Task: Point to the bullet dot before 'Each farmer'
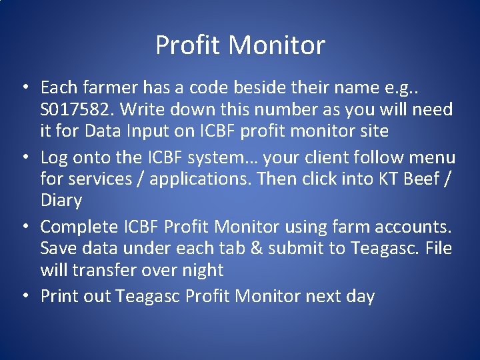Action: point(24,88)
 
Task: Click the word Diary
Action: point(61,201)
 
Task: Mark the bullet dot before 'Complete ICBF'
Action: point(24,227)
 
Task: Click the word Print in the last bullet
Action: point(58,297)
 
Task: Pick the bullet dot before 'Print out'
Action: point(24,297)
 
